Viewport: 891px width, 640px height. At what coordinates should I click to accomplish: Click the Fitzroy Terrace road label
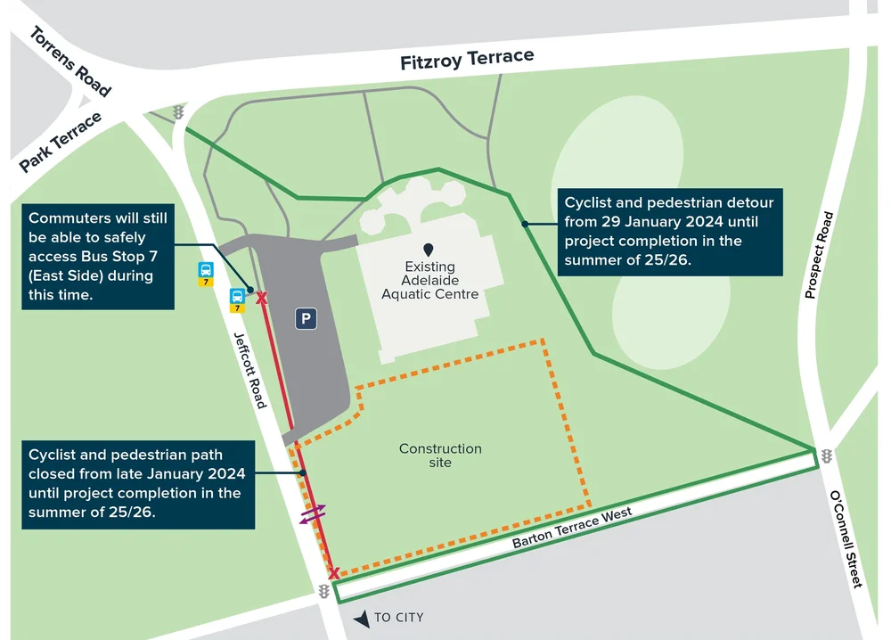[467, 60]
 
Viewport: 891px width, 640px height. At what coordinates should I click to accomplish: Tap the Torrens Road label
[70, 62]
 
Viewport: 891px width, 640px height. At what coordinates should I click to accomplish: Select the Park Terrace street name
[61, 142]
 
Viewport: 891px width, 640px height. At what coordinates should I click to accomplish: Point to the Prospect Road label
[819, 255]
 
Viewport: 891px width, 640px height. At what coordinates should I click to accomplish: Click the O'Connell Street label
[846, 538]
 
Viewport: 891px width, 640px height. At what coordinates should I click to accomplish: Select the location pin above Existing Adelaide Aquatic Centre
[429, 250]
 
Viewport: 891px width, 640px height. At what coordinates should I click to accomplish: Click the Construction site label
[440, 455]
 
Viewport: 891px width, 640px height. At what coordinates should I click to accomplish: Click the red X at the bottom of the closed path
[334, 573]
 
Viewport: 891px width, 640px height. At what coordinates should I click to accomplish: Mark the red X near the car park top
[262, 298]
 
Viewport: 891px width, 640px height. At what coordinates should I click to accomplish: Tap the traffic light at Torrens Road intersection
[178, 113]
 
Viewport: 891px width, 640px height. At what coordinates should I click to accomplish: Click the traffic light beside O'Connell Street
[826, 455]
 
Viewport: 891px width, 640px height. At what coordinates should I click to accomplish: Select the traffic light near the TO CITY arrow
[323, 591]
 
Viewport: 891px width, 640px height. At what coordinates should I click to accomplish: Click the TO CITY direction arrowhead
[361, 618]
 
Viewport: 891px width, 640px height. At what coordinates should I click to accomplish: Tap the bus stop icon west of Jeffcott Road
[206, 271]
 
